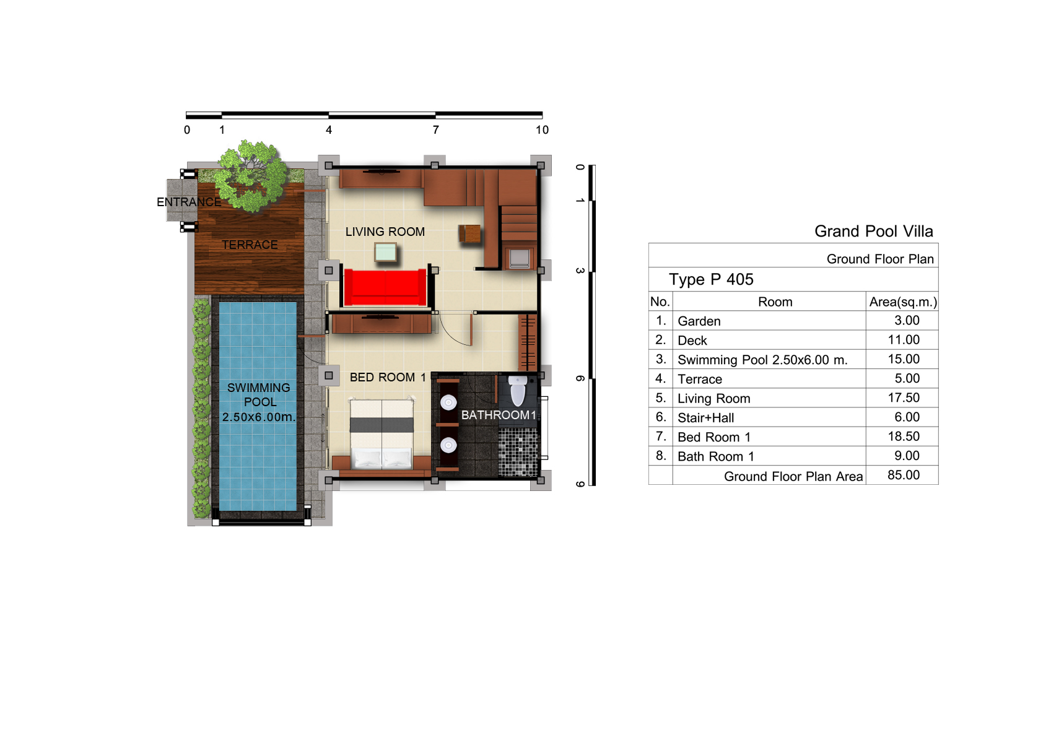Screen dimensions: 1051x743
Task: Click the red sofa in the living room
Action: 385,287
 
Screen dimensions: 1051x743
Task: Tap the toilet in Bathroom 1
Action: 518,390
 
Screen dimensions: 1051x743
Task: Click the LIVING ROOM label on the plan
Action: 385,232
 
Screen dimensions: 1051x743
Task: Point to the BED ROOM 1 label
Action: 388,377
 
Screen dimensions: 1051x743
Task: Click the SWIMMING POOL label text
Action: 258,402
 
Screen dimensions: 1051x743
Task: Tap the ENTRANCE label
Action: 189,202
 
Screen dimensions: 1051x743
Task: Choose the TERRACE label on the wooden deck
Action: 250,245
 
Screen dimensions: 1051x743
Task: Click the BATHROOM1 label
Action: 499,415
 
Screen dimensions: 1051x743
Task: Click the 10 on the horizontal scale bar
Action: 542,130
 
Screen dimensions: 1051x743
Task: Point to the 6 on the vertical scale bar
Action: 580,378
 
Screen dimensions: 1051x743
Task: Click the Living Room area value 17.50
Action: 903,398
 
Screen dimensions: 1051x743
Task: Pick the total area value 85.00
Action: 903,475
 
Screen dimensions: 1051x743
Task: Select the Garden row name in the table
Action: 699,321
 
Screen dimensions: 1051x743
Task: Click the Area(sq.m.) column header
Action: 903,302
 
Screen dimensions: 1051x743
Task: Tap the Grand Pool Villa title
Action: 874,231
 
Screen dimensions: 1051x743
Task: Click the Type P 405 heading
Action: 711,280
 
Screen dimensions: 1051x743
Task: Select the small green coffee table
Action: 386,252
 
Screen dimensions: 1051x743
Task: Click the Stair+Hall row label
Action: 705,417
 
